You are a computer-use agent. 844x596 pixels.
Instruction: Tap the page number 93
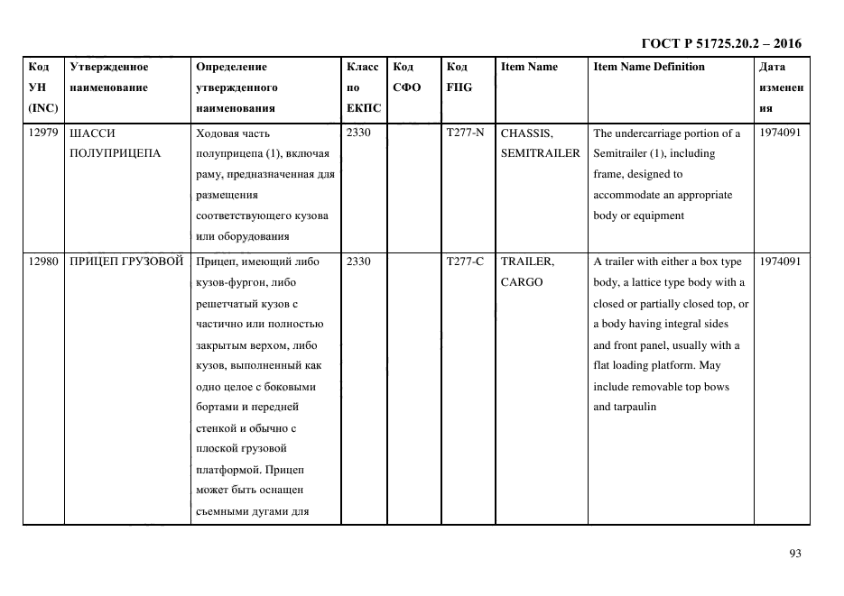[x=794, y=555]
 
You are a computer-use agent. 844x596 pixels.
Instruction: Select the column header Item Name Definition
[x=649, y=67]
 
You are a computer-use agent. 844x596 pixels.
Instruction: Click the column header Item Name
[x=529, y=67]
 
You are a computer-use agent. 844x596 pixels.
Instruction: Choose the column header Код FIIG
[x=459, y=78]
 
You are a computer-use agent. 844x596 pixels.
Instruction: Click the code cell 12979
[x=43, y=133]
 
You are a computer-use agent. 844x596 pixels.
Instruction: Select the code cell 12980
[x=43, y=261]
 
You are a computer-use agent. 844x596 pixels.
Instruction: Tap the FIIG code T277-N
[x=465, y=133]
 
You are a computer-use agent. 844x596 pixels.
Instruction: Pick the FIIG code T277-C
[x=465, y=261]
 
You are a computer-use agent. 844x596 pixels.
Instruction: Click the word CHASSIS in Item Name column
[x=525, y=133]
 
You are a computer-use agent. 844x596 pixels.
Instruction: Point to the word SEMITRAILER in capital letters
[x=540, y=153]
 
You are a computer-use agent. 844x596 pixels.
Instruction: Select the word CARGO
[x=522, y=282]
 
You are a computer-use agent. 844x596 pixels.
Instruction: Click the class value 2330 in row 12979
[x=358, y=133]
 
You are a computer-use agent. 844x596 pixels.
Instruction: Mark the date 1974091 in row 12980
[x=780, y=261]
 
